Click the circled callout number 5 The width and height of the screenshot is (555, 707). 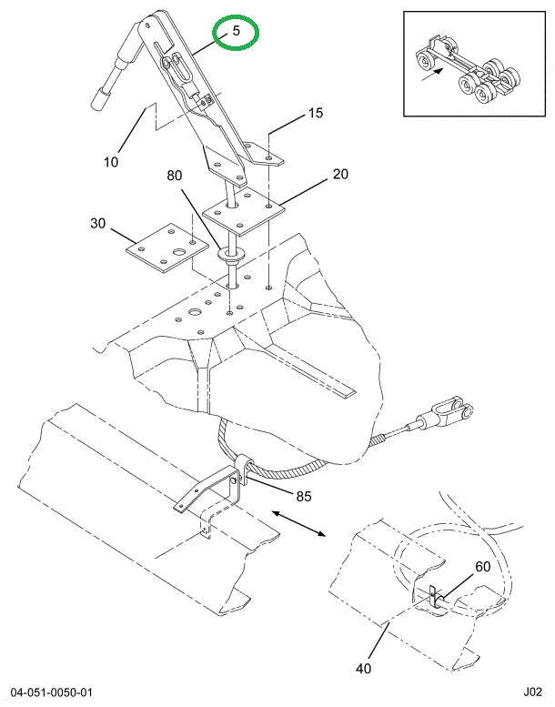tap(237, 31)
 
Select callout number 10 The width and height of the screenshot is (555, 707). tap(111, 162)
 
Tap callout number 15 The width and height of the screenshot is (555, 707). tap(316, 113)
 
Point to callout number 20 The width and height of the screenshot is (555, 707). tap(340, 174)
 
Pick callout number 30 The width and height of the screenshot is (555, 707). tap(97, 223)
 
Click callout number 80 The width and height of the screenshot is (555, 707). tap(174, 175)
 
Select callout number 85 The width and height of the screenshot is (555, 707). tap(303, 496)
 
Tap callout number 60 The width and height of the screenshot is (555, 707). tap(482, 566)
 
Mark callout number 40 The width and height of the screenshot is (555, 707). tap(363, 668)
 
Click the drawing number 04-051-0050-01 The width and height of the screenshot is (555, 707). tap(52, 692)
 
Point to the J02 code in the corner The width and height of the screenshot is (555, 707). tap(532, 692)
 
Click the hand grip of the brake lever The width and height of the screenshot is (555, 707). tap(100, 100)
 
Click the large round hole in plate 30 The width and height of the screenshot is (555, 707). tap(180, 252)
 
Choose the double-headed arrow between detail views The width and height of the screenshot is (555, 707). tap(298, 523)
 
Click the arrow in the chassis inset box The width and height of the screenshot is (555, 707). tap(433, 75)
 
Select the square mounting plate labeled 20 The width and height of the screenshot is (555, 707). tap(244, 211)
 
